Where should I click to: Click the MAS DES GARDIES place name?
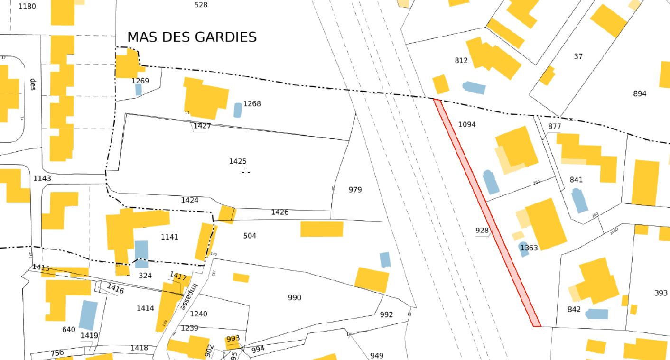pos(192,37)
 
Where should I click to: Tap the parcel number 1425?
pos(237,161)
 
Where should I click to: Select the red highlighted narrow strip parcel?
pos(487,213)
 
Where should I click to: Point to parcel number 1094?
pos(467,124)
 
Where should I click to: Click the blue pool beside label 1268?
pos(238,110)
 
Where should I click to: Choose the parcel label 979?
pos(355,190)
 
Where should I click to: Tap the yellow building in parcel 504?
pos(322,229)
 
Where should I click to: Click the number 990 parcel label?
pos(294,297)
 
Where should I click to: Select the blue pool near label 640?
pos(88,314)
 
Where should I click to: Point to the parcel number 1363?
pos(529,248)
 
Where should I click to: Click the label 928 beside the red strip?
pos(482,231)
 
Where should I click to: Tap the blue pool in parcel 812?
pos(474,88)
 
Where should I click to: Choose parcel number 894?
pos(640,93)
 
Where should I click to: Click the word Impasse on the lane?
pos(188,296)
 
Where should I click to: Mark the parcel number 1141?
pos(169,237)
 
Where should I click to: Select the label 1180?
pos(27,6)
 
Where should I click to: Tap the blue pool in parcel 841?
pos(579,200)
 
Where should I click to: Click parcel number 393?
pos(661,293)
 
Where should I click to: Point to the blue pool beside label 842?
pos(597,314)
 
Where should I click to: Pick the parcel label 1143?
pos(42,178)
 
